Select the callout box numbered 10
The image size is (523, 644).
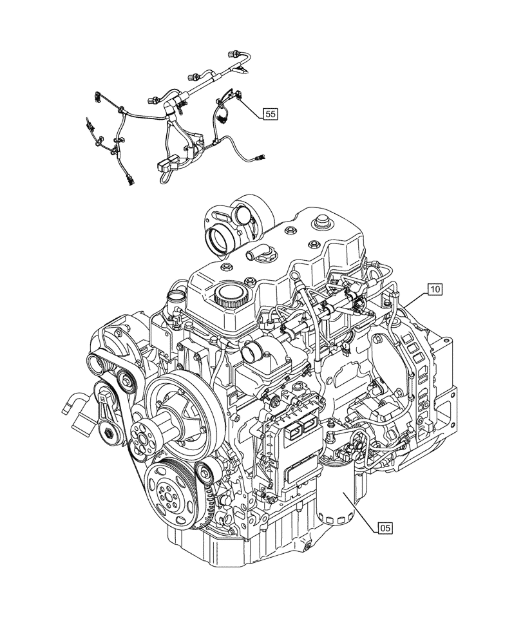(x=434, y=289)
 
